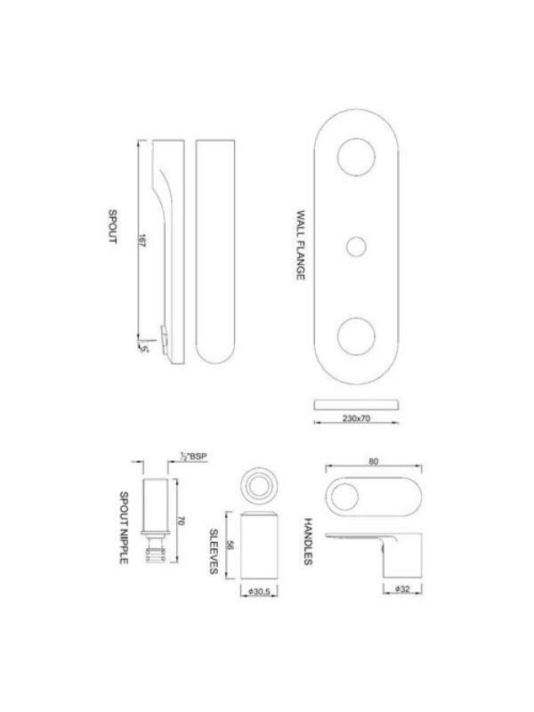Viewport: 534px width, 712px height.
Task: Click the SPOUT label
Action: point(112,226)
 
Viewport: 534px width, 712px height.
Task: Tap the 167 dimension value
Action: point(142,240)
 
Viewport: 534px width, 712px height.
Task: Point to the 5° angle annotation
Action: point(145,350)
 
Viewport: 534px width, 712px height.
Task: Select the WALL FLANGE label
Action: point(300,245)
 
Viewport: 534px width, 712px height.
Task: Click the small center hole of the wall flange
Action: point(357,247)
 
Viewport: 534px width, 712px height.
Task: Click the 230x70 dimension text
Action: point(357,418)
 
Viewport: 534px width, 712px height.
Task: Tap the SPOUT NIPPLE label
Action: point(124,528)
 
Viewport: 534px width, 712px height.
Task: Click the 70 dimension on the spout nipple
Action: point(182,521)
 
